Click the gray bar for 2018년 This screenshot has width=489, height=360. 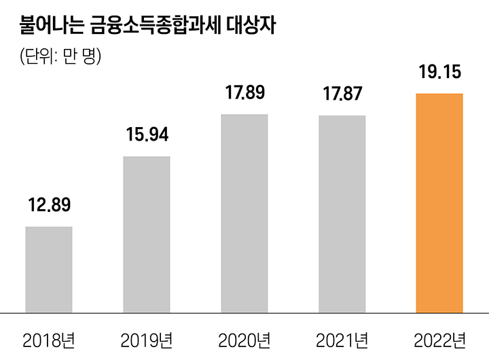[49, 269]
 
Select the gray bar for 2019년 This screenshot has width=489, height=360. [147, 234]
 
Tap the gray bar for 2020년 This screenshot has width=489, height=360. [244, 213]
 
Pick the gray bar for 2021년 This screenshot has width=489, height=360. [342, 214]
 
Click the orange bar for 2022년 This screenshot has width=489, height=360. [439, 202]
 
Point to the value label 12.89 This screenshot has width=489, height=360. [49, 204]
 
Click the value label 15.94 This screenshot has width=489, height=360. [147, 134]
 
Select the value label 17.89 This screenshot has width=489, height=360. [244, 92]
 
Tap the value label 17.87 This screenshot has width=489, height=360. [342, 93]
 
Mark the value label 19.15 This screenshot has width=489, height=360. [439, 71]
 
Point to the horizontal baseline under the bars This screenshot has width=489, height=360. [244, 313]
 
